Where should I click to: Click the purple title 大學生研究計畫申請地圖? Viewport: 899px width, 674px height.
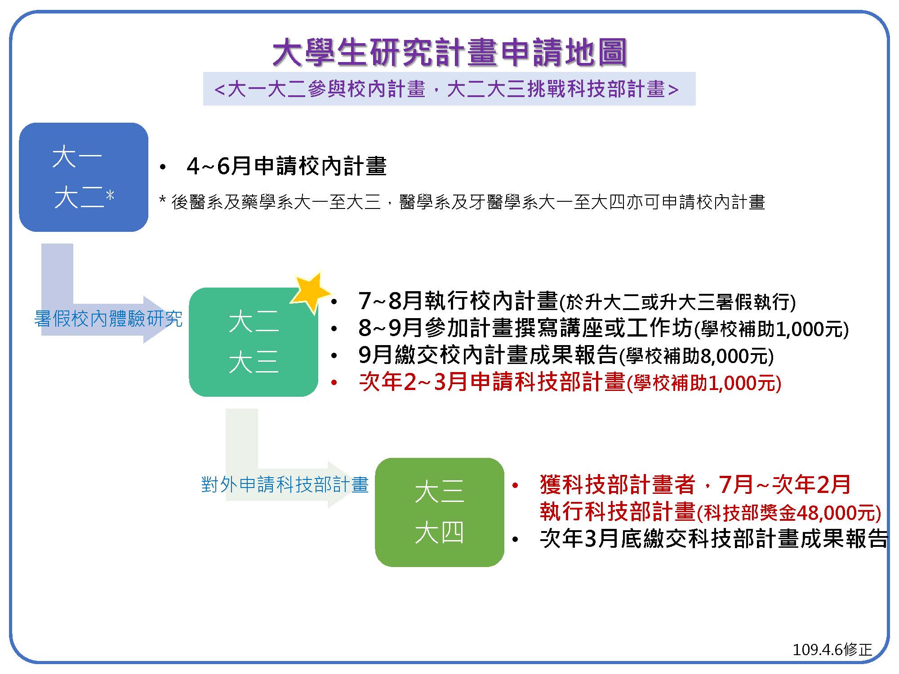(449, 52)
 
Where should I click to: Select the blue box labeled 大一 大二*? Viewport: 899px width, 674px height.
(84, 177)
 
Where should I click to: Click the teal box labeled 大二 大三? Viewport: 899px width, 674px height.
(253, 342)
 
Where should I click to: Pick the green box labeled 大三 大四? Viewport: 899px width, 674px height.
(439, 512)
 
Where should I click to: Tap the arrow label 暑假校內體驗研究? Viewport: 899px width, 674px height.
(108, 319)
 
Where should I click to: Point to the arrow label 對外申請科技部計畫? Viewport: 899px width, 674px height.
(285, 485)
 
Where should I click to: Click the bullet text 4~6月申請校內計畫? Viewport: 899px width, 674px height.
(286, 166)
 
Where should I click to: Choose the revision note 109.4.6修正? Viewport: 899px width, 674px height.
(832, 649)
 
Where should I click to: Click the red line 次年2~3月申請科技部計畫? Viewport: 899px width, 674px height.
(492, 382)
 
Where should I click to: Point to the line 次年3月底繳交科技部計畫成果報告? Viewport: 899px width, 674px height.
(714, 538)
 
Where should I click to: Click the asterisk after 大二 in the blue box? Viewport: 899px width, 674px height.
(110, 196)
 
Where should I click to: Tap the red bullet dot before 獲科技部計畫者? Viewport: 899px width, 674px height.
(515, 486)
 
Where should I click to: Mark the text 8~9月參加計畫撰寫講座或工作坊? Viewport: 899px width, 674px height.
(525, 328)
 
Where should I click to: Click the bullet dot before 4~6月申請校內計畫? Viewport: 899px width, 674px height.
(163, 168)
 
